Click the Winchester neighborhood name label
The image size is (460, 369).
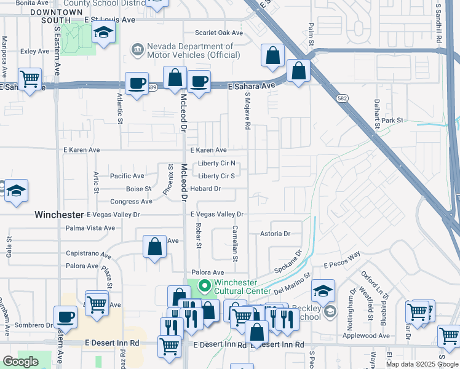[x=59, y=215]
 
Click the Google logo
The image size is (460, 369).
[x=20, y=362]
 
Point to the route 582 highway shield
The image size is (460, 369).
[x=343, y=98]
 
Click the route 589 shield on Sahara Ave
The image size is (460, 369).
[x=151, y=87]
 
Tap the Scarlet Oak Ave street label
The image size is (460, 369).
[x=218, y=33]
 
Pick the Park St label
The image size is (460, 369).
[x=392, y=121]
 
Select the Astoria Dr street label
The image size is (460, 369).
[x=274, y=234]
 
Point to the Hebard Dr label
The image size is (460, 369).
[x=205, y=189]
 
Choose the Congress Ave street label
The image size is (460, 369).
[x=130, y=202]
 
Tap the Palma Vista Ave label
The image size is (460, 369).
[x=90, y=228]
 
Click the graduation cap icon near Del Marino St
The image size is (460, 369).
[x=323, y=290]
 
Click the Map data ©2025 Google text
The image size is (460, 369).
[x=422, y=364]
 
